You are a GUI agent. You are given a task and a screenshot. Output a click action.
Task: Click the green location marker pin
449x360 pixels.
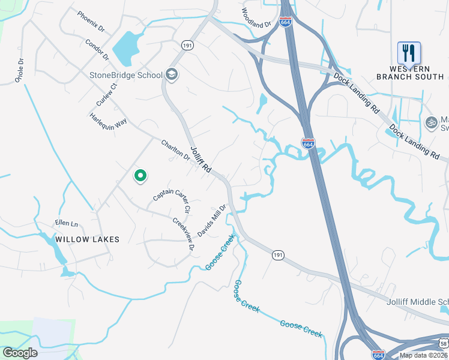(140, 176)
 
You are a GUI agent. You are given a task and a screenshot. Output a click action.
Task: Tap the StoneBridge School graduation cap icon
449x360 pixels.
(172, 74)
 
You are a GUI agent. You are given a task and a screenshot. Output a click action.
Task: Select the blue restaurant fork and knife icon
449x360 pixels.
(409, 53)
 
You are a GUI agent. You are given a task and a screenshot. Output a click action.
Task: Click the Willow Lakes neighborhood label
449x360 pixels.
(88, 239)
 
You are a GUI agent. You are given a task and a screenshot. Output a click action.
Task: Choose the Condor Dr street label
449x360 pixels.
(97, 50)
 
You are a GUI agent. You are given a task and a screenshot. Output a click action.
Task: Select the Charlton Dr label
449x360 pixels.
(175, 151)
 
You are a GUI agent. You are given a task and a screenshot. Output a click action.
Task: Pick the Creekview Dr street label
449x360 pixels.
(183, 234)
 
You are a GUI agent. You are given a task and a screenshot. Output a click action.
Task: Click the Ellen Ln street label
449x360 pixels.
(67, 224)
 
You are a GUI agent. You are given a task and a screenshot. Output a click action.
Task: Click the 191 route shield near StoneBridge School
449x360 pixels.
(186, 45)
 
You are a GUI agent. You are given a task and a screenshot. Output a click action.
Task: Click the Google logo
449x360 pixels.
(20, 353)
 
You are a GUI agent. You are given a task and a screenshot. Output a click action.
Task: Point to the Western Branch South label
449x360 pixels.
(410, 72)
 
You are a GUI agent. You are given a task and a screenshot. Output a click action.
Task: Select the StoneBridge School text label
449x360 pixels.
(126, 75)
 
